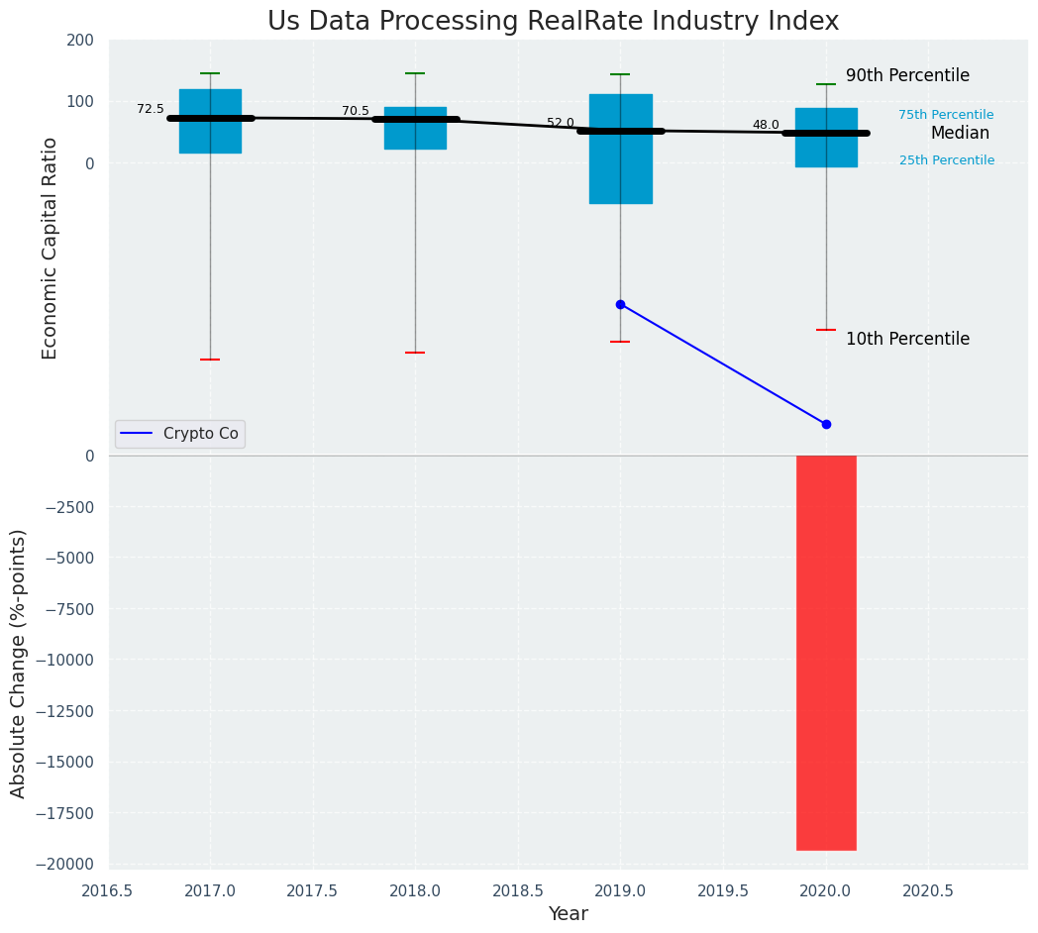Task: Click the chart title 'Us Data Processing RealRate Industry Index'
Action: [553, 22]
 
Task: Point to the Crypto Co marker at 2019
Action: [620, 304]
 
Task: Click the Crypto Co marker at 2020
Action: [826, 424]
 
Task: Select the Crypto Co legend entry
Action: [180, 434]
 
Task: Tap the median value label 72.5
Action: [151, 109]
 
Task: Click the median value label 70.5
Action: [356, 111]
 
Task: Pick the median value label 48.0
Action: [766, 125]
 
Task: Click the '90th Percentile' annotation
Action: [907, 76]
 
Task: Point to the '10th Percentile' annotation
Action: [907, 339]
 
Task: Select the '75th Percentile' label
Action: [946, 115]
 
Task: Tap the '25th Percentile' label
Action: [946, 160]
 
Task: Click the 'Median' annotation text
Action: [960, 134]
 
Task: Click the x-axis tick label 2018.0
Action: [415, 890]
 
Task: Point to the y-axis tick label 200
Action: [81, 40]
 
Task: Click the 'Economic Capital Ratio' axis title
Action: [51, 248]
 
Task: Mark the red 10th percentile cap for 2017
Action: [210, 360]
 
